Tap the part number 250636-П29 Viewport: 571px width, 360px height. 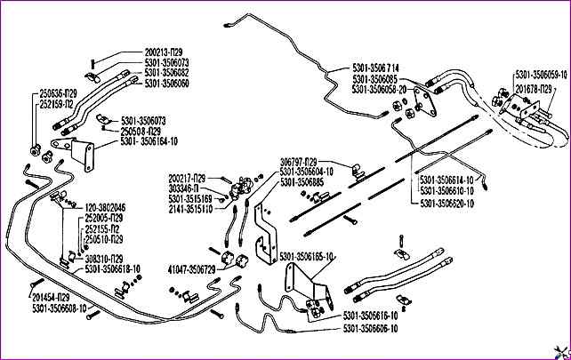[x=59, y=92]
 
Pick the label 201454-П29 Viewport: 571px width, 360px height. [x=57, y=298]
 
